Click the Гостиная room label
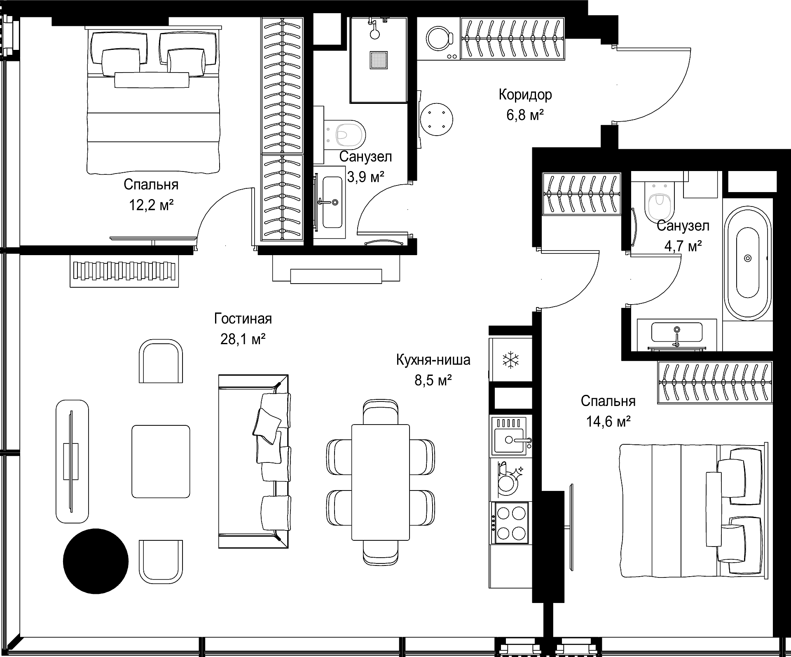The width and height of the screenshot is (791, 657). [x=243, y=319]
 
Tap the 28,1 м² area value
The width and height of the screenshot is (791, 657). [x=243, y=339]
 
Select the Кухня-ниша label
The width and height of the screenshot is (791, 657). [x=433, y=360]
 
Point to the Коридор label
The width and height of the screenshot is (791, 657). [x=525, y=95]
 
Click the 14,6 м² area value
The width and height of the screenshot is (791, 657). [x=608, y=421]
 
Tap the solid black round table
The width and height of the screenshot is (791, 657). [x=96, y=561]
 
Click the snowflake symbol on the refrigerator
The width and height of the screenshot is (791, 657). [x=510, y=360]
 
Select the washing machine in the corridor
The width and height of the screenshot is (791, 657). [x=438, y=40]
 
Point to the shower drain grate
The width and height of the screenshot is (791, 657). [x=378, y=59]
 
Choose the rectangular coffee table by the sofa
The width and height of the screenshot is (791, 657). [x=161, y=462]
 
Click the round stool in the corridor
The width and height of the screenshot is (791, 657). [x=437, y=120]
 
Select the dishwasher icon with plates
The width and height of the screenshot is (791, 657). [x=509, y=479]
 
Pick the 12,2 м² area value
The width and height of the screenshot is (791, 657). [x=151, y=205]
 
